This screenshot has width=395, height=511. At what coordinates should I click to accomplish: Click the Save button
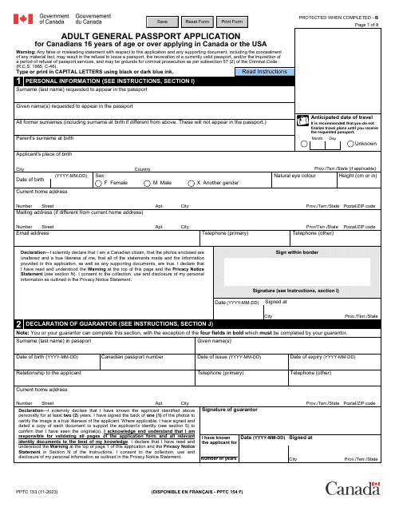(163, 22)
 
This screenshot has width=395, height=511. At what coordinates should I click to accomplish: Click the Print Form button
(232, 22)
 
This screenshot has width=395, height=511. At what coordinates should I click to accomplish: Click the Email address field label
(34, 233)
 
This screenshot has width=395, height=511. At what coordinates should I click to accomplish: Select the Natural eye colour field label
(294, 174)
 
